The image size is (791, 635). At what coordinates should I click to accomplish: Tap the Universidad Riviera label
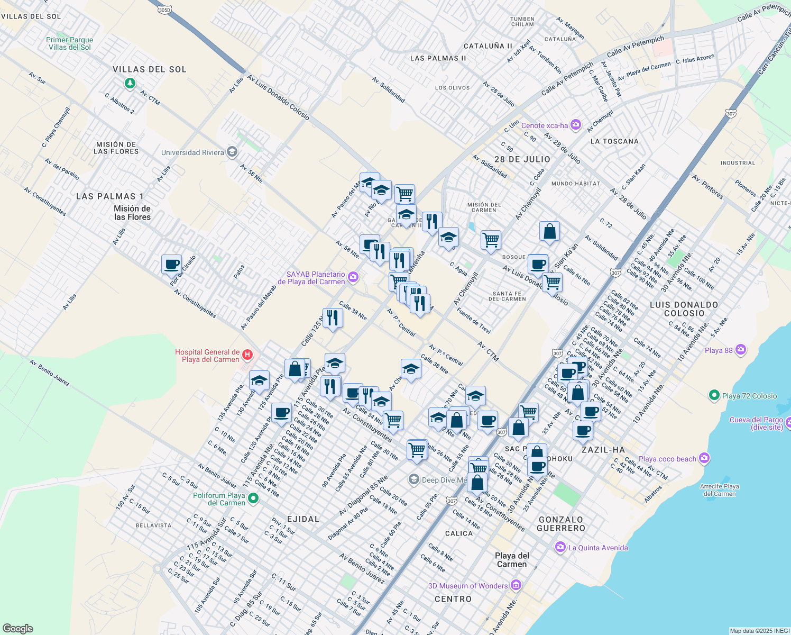(192, 152)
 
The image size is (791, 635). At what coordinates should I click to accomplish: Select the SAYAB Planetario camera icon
(353, 277)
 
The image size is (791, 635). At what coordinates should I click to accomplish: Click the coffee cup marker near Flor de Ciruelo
(171, 264)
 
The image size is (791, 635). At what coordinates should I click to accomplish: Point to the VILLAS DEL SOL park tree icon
(130, 84)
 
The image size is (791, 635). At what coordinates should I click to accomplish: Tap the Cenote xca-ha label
(544, 125)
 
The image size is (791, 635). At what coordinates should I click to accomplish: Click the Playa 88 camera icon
(741, 350)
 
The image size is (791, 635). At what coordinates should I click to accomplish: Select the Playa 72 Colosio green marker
(714, 395)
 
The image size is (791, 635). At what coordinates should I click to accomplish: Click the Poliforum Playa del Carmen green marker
(253, 498)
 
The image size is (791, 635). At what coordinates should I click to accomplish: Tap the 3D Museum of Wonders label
(467, 586)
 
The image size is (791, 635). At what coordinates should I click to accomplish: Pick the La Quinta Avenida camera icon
(560, 547)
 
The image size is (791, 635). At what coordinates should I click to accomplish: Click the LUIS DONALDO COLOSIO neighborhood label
(684, 309)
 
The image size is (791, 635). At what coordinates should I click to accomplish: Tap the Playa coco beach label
(667, 459)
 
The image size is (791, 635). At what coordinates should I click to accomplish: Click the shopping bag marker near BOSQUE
(549, 231)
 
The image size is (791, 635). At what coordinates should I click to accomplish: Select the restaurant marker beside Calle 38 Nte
(332, 317)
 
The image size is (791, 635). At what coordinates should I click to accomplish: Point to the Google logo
(17, 628)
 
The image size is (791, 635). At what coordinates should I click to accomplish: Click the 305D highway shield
(164, 10)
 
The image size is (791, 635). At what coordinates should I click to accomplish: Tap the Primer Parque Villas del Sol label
(69, 43)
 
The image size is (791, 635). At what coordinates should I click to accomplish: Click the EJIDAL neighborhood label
(303, 519)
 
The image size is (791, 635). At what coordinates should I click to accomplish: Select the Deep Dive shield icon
(413, 479)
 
